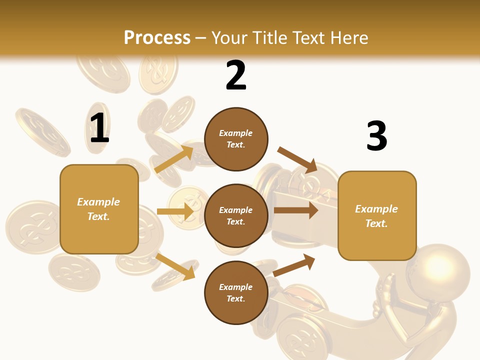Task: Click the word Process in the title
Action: [x=157, y=38]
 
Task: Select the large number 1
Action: [x=99, y=128]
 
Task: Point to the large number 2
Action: [x=236, y=75]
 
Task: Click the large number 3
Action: [x=376, y=136]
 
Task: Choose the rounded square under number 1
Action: [x=99, y=209]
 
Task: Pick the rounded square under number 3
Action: [x=377, y=215]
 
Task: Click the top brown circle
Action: [x=236, y=139]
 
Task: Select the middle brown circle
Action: [x=236, y=215]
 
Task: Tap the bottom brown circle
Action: [x=236, y=292]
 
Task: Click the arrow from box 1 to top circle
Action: [x=174, y=158]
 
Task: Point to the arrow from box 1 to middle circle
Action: [x=175, y=211]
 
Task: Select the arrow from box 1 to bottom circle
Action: [x=175, y=266]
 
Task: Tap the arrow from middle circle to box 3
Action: [x=295, y=210]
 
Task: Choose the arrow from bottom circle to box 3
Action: [x=294, y=265]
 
